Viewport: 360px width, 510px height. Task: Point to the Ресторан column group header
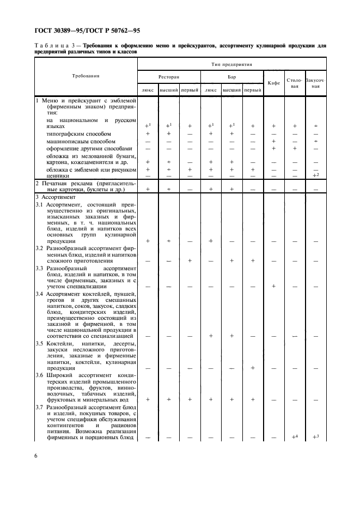click(x=168, y=77)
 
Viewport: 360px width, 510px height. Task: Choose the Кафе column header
click(x=274, y=83)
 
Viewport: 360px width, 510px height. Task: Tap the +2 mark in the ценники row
click(x=315, y=175)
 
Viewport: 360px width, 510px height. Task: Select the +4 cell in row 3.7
click(x=294, y=436)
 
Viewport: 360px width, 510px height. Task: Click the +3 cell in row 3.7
click(x=315, y=436)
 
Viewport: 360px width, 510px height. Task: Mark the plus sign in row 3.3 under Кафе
click(x=274, y=286)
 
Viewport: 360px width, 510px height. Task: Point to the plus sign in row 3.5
click(x=253, y=368)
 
